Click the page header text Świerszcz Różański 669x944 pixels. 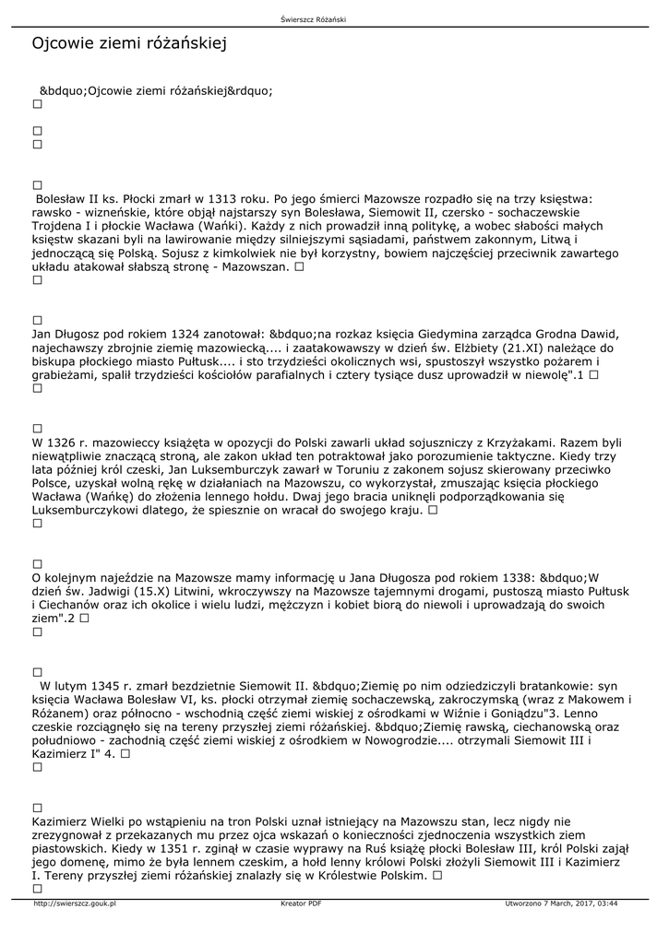[318, 19]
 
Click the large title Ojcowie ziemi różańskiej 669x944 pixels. [129, 43]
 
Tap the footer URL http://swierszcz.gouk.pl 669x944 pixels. [74, 903]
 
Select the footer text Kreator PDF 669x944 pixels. [301, 903]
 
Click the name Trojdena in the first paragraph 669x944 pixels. [58, 226]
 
